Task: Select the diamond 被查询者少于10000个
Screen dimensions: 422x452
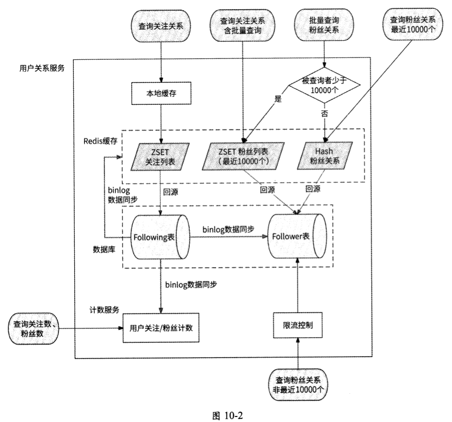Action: pos(324,85)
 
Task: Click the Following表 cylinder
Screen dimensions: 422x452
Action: pos(160,237)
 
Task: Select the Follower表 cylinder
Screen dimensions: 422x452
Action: pos(297,236)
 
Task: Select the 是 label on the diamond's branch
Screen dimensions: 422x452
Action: pos(278,99)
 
